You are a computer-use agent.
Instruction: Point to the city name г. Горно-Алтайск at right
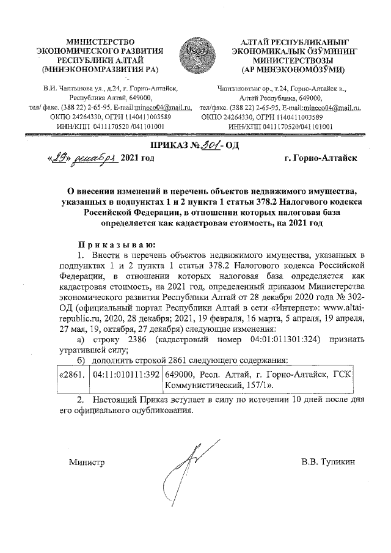pyautogui.click(x=320, y=158)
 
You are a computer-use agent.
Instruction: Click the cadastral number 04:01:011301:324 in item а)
pyautogui.click(x=271, y=339)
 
